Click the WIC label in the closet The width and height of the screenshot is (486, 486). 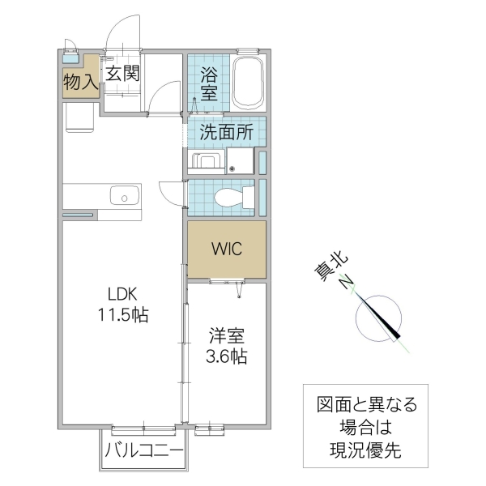(227, 249)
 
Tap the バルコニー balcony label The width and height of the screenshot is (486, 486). (144, 451)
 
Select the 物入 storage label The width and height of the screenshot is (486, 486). (80, 80)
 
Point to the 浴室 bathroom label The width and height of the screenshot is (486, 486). (209, 81)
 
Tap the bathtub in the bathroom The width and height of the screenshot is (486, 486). (249, 83)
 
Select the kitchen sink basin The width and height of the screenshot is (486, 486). (123, 195)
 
